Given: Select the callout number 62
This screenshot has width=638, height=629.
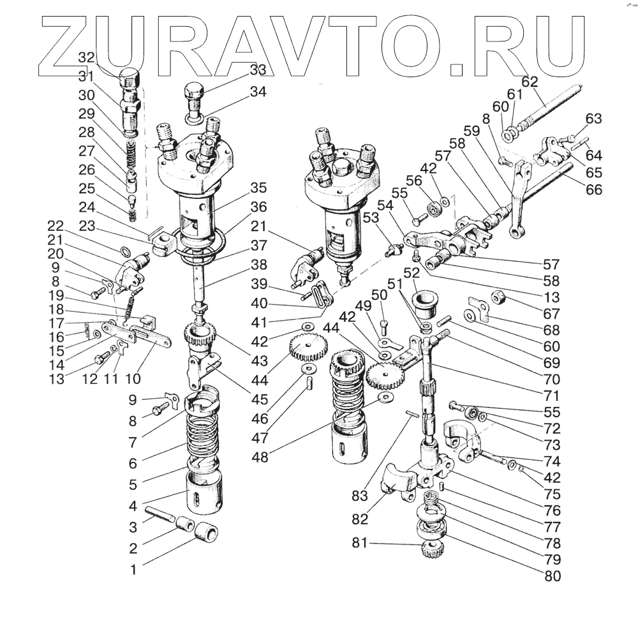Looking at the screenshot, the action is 530,82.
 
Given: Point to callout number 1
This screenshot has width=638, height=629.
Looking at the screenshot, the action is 133,570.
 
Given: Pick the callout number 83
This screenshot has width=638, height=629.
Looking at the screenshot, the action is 359,496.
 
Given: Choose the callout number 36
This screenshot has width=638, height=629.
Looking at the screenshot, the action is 258,207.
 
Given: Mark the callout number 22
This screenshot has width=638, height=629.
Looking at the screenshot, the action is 56,226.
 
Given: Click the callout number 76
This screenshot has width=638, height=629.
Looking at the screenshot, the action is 552,510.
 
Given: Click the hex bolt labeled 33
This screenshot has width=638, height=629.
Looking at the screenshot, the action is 196,95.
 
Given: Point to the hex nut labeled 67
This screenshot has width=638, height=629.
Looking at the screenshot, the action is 500,297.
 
